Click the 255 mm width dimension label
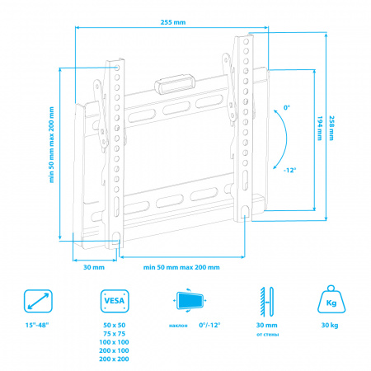point(173,22)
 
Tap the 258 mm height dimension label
point(331,128)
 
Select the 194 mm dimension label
point(320,128)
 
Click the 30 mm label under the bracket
point(94,267)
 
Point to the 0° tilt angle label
point(287,107)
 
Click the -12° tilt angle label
point(290,170)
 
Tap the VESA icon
point(115,301)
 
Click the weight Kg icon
point(331,299)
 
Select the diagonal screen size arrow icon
point(38,301)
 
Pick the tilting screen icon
point(190,300)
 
